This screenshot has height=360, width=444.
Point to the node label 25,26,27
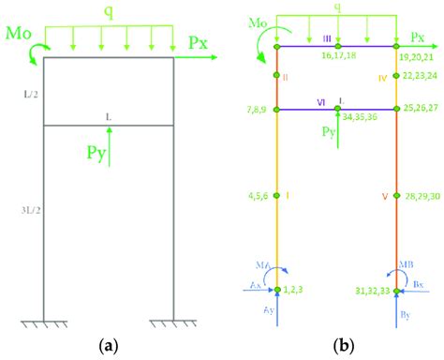tap(415, 110)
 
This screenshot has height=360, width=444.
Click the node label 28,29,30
tap(415, 197)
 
